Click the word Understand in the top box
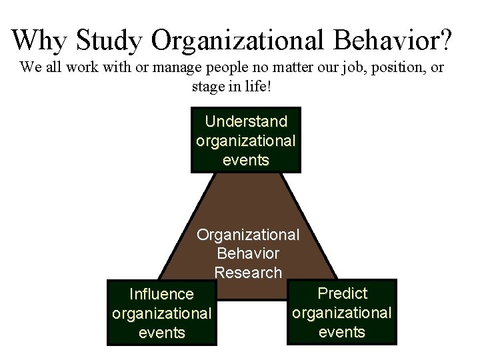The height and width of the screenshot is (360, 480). click(x=246, y=121)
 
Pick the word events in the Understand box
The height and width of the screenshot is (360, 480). click(x=246, y=160)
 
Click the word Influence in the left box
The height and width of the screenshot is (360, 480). click(x=161, y=294)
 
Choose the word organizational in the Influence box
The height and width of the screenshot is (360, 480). click(x=162, y=313)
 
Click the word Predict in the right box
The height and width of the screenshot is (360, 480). click(x=343, y=293)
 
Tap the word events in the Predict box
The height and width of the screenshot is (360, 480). click(x=342, y=332)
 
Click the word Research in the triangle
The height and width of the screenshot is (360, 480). click(x=248, y=273)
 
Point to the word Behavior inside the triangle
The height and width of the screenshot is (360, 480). click(x=248, y=254)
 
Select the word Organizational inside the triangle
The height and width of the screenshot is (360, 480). click(x=248, y=235)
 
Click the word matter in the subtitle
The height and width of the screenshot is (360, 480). click(x=291, y=67)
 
